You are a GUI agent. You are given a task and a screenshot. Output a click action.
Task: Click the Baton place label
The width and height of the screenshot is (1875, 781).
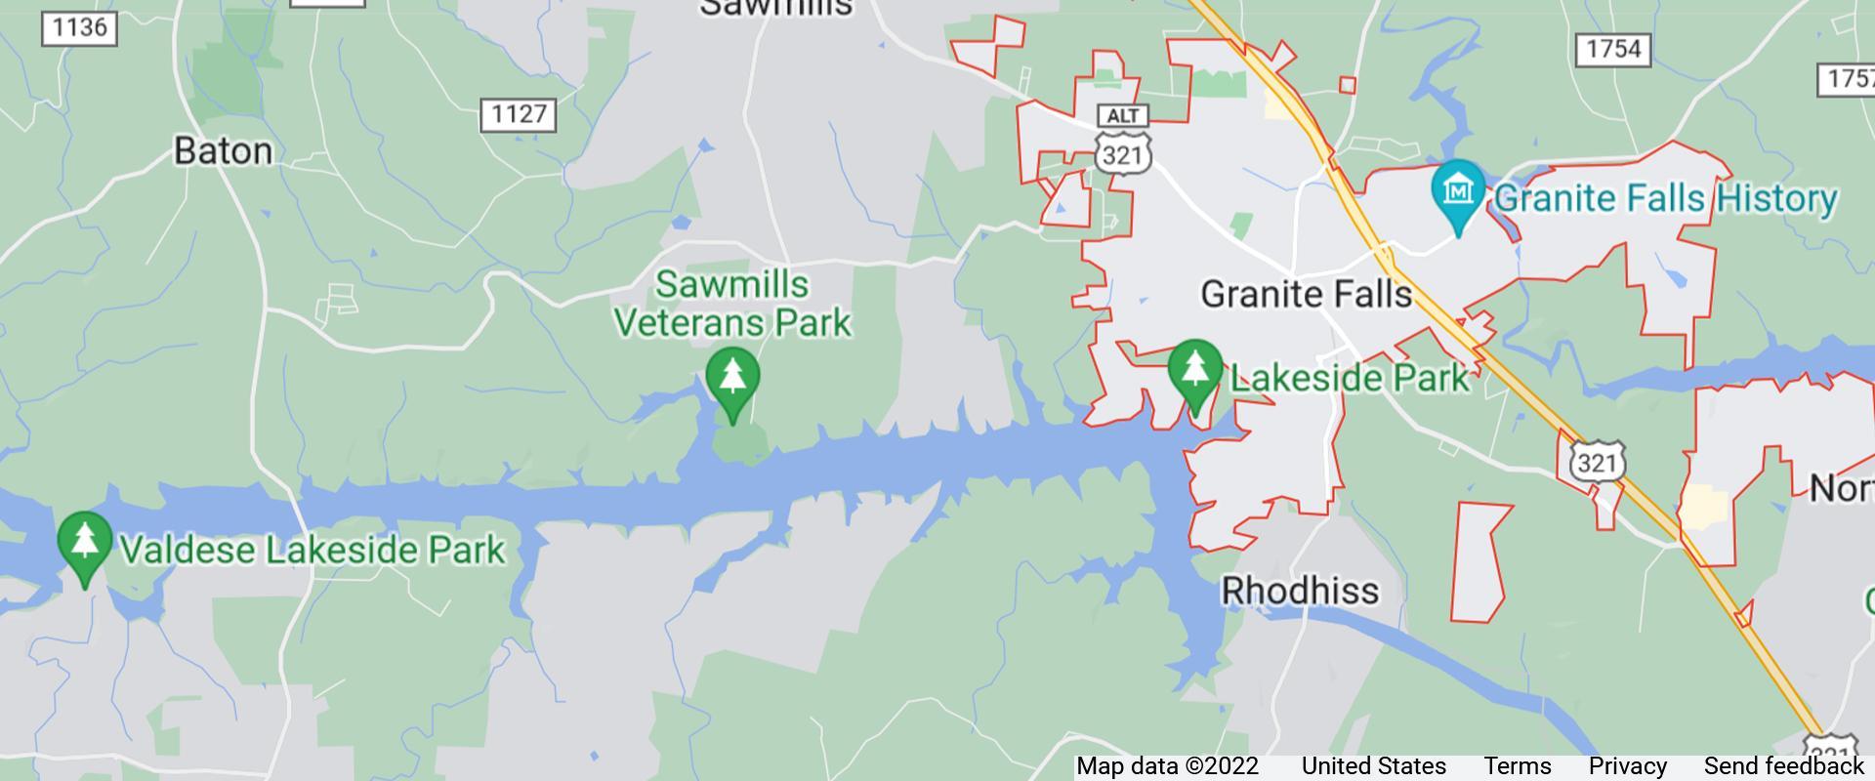pyautogui.click(x=223, y=151)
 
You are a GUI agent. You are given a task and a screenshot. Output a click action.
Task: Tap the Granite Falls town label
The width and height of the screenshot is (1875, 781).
pyautogui.click(x=1306, y=294)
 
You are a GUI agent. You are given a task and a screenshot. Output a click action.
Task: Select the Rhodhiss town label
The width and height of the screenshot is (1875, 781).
pyautogui.click(x=1300, y=591)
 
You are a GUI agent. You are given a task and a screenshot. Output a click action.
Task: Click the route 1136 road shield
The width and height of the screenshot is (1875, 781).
pyautogui.click(x=79, y=27)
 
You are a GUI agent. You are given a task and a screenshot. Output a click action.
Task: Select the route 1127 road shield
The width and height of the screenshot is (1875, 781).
pyautogui.click(x=519, y=115)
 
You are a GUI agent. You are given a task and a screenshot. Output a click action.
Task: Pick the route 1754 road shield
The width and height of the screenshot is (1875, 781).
pyautogui.click(x=1612, y=49)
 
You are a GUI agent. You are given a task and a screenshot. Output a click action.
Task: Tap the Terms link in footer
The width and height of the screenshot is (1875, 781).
pyautogui.click(x=1517, y=766)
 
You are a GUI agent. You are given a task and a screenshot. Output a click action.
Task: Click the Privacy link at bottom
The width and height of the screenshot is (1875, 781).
pyautogui.click(x=1627, y=766)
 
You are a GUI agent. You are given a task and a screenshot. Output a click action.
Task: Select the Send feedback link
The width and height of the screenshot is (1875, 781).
pyautogui.click(x=1783, y=766)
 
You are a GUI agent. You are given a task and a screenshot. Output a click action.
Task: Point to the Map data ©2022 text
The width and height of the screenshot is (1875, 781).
pyautogui.click(x=1167, y=766)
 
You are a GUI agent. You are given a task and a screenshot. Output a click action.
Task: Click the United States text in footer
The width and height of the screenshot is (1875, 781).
pyautogui.click(x=1373, y=766)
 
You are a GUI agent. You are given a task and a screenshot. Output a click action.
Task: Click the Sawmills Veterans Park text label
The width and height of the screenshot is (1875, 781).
pyautogui.click(x=731, y=304)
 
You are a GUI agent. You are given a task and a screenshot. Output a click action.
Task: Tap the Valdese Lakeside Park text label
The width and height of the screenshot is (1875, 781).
pyautogui.click(x=312, y=550)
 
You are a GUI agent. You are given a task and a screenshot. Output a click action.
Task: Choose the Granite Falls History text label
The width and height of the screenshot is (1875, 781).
pyautogui.click(x=1666, y=198)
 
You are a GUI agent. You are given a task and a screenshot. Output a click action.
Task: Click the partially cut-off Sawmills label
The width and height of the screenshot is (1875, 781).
pyautogui.click(x=776, y=9)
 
